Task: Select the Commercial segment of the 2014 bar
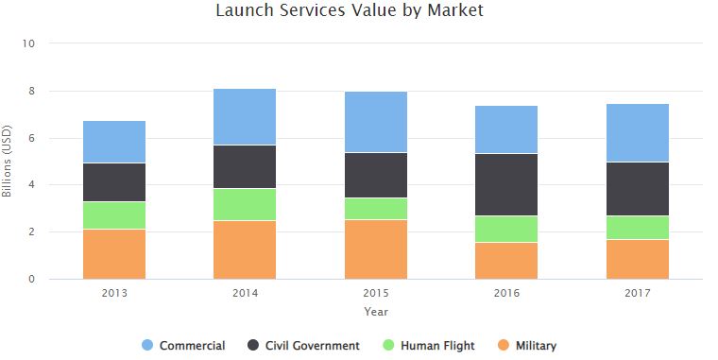(x=245, y=116)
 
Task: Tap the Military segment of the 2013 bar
(x=114, y=253)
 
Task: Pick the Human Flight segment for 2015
(x=376, y=208)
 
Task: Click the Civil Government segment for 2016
(x=506, y=184)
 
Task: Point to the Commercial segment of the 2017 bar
(x=637, y=132)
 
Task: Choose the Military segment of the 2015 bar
(x=376, y=249)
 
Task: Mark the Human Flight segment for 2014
(x=245, y=204)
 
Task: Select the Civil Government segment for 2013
(x=114, y=182)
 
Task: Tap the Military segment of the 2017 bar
(x=637, y=259)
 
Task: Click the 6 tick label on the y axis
(x=32, y=138)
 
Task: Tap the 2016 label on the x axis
(x=506, y=293)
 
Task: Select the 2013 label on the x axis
(x=114, y=293)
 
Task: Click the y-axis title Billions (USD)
(x=8, y=162)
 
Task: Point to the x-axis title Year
(x=376, y=311)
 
